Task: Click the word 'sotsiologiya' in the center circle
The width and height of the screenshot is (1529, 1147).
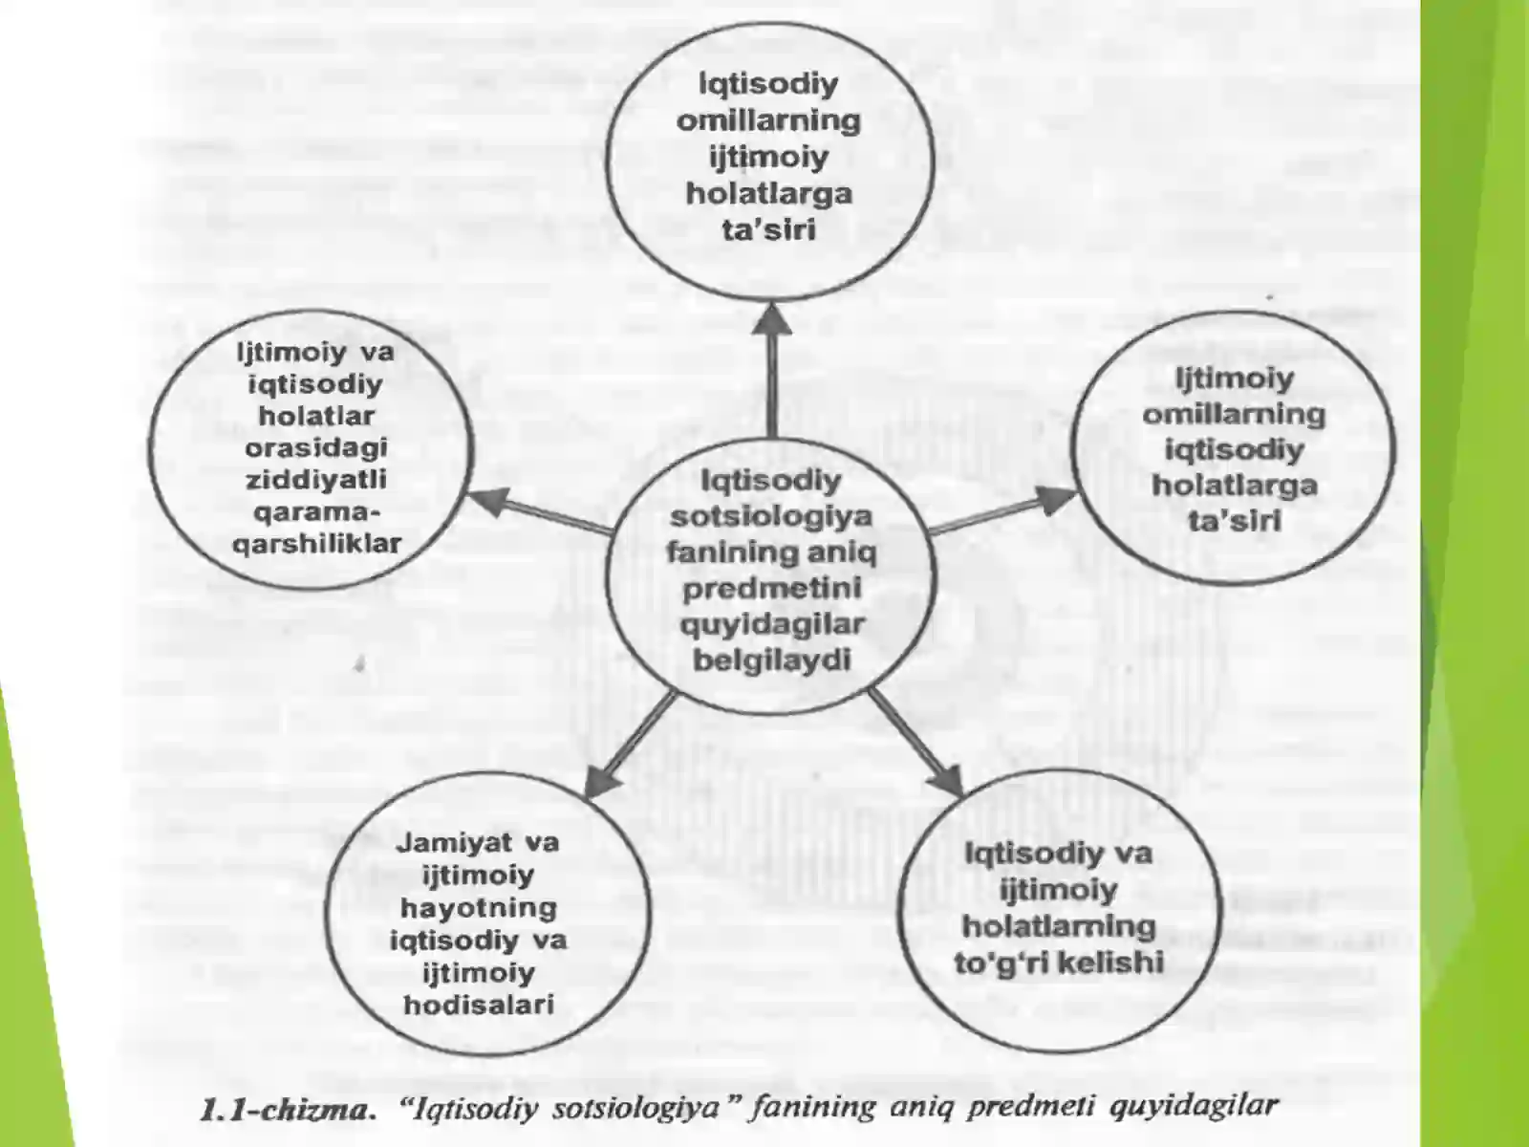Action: click(771, 517)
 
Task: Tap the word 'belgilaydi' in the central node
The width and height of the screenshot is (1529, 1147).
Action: click(772, 660)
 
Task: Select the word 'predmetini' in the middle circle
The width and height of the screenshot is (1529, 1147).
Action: click(772, 589)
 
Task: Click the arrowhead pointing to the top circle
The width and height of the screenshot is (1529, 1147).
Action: click(771, 319)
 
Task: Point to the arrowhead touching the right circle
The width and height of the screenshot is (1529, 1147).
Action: click(1056, 499)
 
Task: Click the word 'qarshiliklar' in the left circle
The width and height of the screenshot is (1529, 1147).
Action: click(316, 544)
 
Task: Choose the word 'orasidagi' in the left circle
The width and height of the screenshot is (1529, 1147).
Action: click(315, 447)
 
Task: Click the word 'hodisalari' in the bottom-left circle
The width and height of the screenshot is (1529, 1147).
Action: click(480, 1005)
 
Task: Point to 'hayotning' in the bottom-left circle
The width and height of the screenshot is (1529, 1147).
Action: click(479, 908)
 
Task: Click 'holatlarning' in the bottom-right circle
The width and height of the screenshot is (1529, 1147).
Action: click(1059, 927)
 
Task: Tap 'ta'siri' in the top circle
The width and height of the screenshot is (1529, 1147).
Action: click(769, 229)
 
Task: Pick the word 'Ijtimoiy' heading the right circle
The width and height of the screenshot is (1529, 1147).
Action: click(1235, 379)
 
